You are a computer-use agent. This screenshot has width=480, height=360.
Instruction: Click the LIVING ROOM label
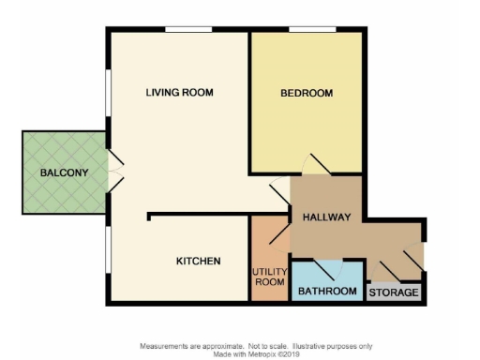click(179, 92)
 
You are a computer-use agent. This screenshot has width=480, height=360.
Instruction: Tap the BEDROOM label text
click(307, 93)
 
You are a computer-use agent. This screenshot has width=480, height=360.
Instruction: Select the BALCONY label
click(64, 172)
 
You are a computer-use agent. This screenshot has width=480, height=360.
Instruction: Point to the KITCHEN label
click(199, 261)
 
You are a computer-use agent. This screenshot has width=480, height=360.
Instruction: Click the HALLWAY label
click(326, 217)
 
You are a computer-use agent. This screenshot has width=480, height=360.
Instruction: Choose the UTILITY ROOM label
click(269, 276)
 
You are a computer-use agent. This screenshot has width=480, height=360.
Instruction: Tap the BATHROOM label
click(327, 292)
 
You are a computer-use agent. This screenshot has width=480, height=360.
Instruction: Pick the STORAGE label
click(394, 292)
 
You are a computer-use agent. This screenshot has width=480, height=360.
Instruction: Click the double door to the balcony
click(114, 172)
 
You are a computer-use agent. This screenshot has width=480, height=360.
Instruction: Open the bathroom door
click(327, 270)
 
